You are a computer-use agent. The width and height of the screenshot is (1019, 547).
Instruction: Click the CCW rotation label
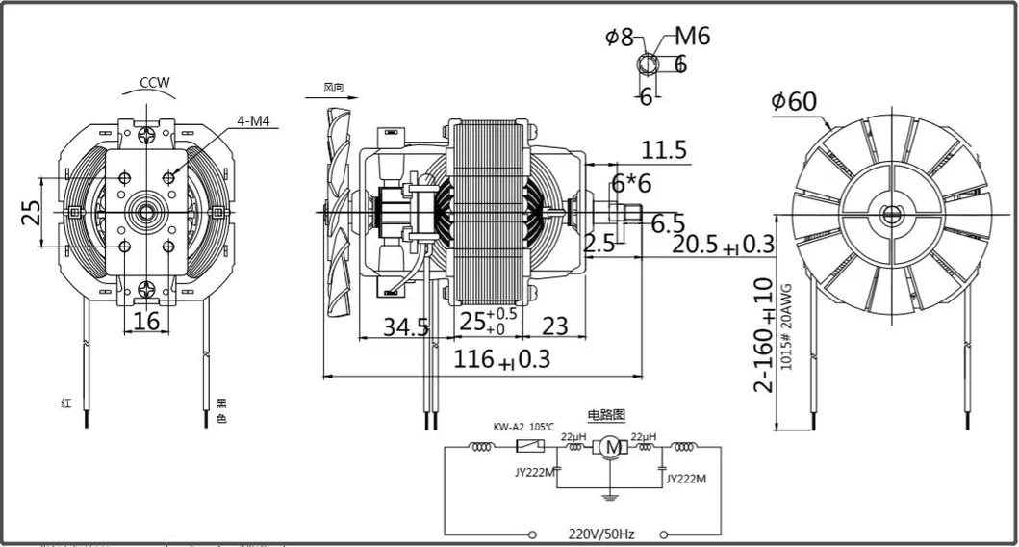pos(154,83)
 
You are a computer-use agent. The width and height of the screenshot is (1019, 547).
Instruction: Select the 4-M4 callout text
pos(254,121)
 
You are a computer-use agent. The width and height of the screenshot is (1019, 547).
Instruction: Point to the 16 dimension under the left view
pos(146,321)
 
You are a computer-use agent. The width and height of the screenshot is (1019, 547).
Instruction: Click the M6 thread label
pos(691,37)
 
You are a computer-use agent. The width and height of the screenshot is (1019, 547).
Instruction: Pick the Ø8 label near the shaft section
pos(620,38)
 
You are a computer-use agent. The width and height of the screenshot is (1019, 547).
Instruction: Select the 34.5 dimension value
pos(406,326)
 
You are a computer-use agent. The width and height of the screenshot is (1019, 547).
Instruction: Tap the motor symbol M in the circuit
pos(609,447)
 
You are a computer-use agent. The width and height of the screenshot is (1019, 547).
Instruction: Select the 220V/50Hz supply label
pos(601,533)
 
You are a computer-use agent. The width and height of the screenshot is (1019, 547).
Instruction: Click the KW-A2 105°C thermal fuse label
pos(524,427)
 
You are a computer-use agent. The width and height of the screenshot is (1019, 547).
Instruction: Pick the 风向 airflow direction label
pos(334,88)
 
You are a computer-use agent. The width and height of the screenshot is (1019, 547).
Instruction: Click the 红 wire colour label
pos(65,404)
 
